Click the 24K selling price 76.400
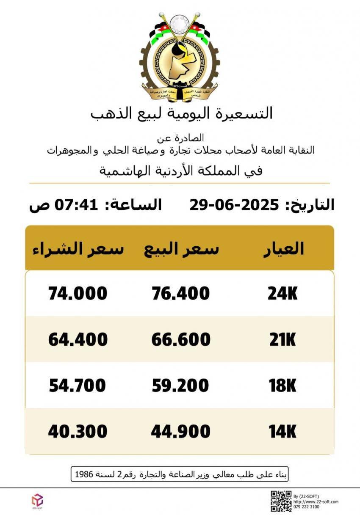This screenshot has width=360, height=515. pyautogui.click(x=180, y=293)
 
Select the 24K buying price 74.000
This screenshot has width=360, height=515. pyautogui.click(x=78, y=293)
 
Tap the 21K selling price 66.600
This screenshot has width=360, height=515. pyautogui.click(x=181, y=339)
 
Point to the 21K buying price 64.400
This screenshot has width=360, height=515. pyautogui.click(x=78, y=339)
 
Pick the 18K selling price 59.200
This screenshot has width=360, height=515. pyautogui.click(x=180, y=386)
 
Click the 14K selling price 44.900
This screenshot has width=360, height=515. pyautogui.click(x=181, y=431)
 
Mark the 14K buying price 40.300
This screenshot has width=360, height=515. pyautogui.click(x=78, y=431)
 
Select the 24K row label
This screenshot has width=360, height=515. pyautogui.click(x=282, y=294)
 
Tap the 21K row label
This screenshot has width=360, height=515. pyautogui.click(x=282, y=340)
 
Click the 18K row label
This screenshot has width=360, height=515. pyautogui.click(x=282, y=386)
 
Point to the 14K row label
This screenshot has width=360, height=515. pyautogui.click(x=282, y=432)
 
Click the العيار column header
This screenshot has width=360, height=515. pyautogui.click(x=284, y=249)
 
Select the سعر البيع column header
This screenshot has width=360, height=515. pyautogui.click(x=181, y=249)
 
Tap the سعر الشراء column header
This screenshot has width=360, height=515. pyautogui.click(x=78, y=249)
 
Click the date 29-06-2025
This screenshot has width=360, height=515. pyautogui.click(x=234, y=205)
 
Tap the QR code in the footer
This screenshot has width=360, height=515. pyautogui.click(x=281, y=501)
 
